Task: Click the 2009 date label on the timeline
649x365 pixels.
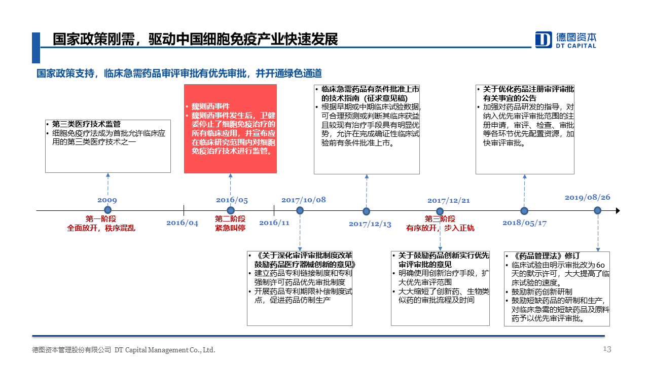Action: coord(107,200)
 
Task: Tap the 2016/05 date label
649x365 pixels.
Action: coord(232,200)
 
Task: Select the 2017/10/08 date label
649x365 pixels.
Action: coord(304,200)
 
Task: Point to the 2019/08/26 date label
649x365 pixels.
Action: coord(587,197)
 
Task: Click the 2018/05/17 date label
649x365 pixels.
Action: coord(524,223)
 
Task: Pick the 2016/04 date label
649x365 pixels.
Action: coord(182,223)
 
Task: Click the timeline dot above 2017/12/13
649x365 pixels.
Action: coord(366,211)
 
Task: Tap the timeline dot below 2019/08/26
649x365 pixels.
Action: coord(597,210)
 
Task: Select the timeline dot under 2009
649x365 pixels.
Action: coord(108,210)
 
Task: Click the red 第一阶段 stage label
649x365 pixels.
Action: coord(101,218)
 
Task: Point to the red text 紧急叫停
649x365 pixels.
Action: coord(230,228)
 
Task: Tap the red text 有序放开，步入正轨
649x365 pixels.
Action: coord(440,228)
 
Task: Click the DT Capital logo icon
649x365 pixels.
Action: coord(544,40)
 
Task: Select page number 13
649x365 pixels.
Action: coord(607,349)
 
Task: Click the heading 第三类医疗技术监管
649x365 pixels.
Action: coord(86,124)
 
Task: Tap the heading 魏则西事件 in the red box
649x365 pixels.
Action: coord(210,106)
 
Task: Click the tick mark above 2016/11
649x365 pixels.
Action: coord(274,210)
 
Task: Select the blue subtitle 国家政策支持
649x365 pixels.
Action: coord(65,74)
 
